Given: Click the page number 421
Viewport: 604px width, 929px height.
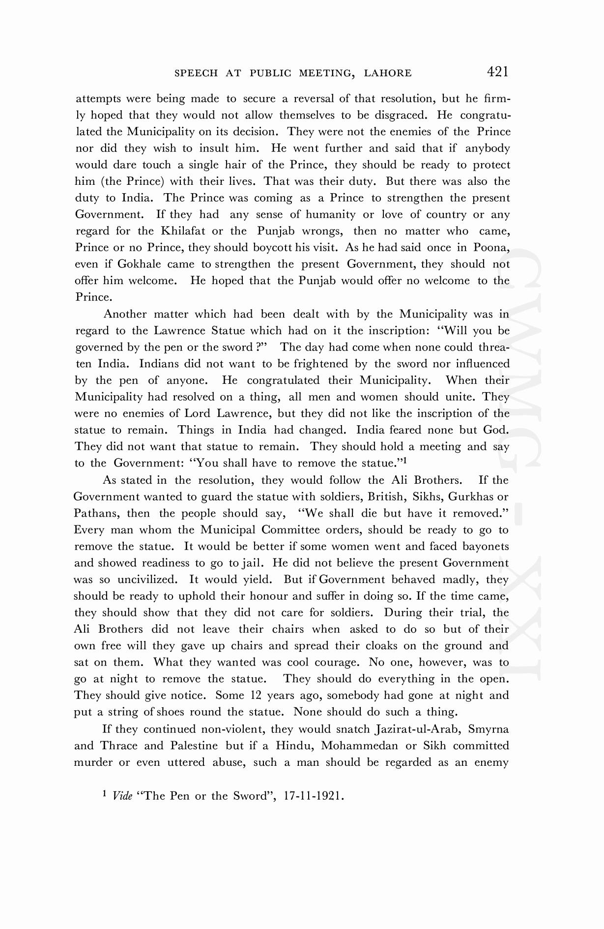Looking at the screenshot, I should [x=497, y=72].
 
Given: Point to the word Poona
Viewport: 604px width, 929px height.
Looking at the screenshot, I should [x=490, y=247].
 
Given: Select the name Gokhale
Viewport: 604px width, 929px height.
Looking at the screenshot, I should [x=140, y=264].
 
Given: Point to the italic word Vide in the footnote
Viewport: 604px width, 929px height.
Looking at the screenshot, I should [x=122, y=796].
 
